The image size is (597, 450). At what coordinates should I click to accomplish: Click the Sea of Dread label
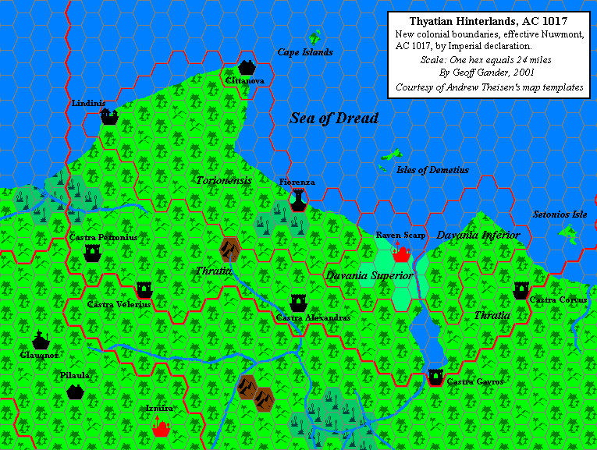click(x=333, y=119)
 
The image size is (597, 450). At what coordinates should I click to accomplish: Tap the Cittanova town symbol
click(x=247, y=67)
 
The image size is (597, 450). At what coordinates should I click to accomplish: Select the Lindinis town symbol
click(x=108, y=116)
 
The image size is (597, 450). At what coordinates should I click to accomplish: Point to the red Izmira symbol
click(x=162, y=427)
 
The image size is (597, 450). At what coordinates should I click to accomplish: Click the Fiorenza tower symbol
click(x=297, y=200)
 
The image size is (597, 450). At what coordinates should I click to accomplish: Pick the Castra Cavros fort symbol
click(x=435, y=377)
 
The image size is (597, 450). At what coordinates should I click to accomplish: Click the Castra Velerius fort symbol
click(x=144, y=289)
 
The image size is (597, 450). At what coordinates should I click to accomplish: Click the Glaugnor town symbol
click(x=41, y=340)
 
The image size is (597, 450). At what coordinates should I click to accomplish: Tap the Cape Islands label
click(x=305, y=52)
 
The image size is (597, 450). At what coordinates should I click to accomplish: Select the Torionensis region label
click(x=224, y=180)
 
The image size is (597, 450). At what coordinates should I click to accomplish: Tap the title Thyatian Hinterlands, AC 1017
click(x=489, y=22)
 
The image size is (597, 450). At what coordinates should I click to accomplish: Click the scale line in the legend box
click(x=489, y=59)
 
